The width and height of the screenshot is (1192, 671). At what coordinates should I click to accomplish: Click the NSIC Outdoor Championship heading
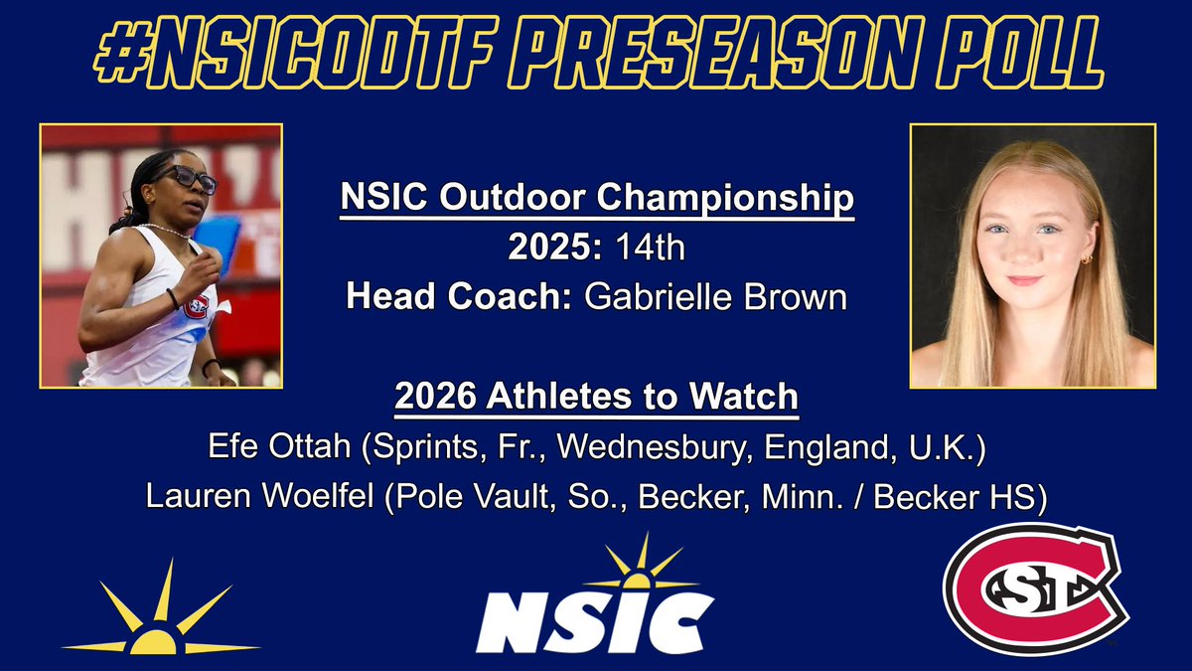click(596, 199)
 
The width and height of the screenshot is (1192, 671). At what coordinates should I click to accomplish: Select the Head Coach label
click(455, 296)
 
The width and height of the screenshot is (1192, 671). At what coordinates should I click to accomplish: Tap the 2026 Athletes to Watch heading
click(596, 397)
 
